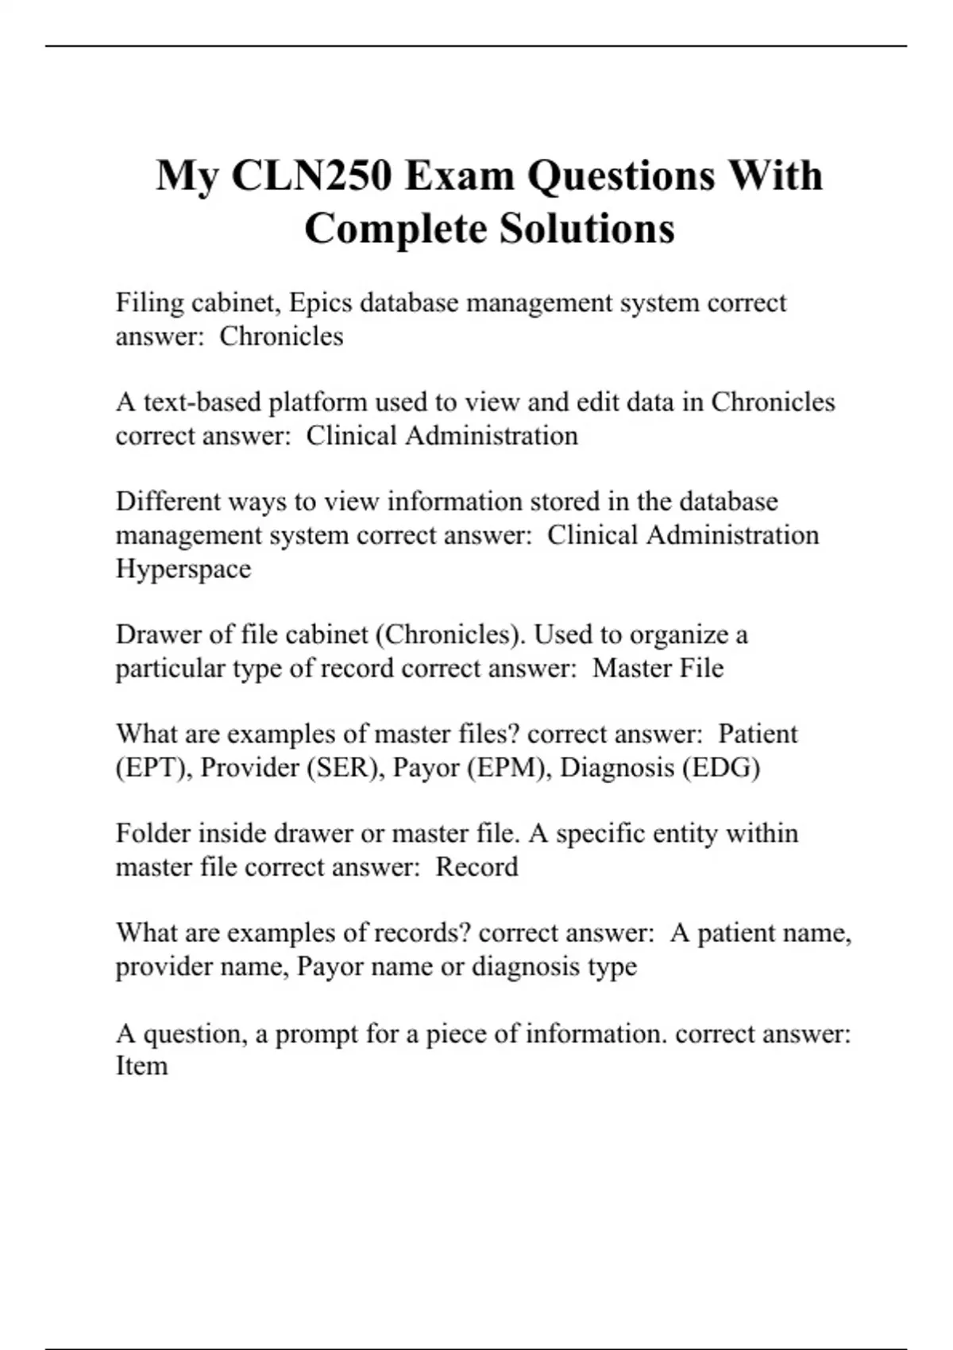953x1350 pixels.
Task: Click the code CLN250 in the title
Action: (311, 175)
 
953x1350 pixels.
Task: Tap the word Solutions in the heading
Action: (587, 229)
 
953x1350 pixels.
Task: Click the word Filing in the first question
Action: (149, 303)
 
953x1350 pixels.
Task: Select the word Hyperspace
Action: (183, 569)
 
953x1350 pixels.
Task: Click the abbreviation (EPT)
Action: (151, 768)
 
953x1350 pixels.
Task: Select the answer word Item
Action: (141, 1066)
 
